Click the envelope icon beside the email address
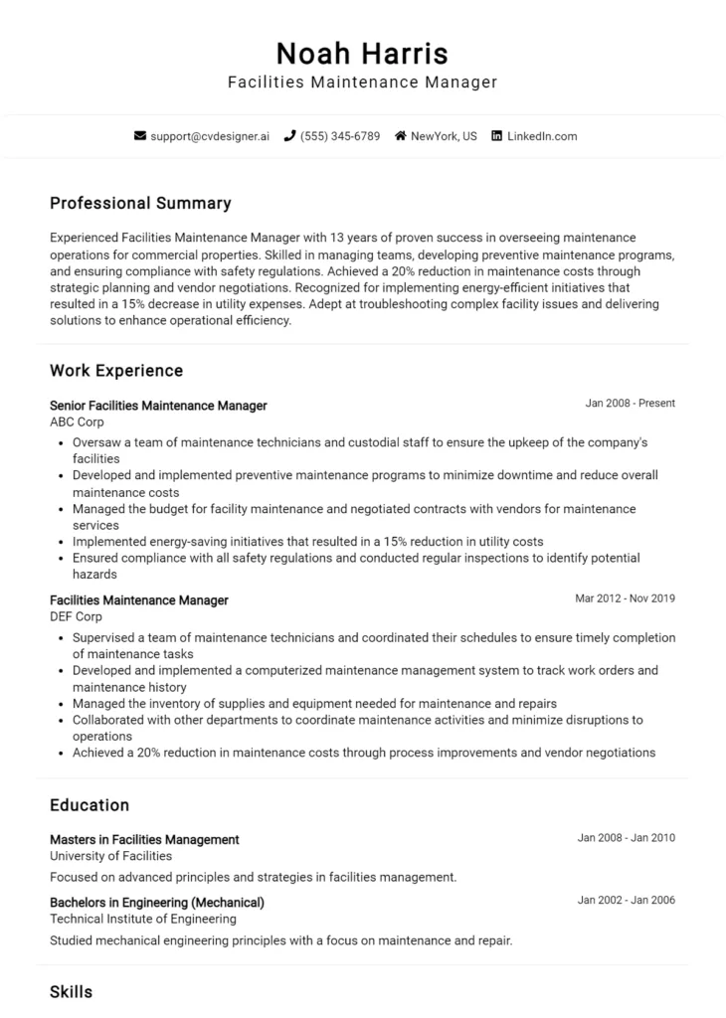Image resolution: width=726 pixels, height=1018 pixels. (x=140, y=136)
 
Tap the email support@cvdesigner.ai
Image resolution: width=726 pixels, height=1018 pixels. (x=209, y=136)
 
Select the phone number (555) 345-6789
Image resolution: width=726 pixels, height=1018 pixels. (x=340, y=136)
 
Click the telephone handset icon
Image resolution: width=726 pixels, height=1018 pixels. (x=289, y=136)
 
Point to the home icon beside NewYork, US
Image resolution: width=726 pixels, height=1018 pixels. (x=401, y=136)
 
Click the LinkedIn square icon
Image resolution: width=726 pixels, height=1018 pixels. (x=497, y=136)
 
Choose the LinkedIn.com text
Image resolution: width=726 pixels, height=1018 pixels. (x=542, y=136)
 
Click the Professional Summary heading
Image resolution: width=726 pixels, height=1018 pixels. (x=140, y=204)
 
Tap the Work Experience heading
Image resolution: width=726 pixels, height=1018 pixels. (x=116, y=371)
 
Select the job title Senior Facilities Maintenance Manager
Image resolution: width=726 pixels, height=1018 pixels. (x=158, y=406)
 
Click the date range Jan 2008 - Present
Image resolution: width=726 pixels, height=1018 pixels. (x=630, y=404)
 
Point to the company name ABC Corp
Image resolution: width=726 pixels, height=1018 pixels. (x=77, y=422)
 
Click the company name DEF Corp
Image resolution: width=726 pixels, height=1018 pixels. (x=76, y=616)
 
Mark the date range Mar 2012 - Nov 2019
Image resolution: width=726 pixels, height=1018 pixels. (x=625, y=598)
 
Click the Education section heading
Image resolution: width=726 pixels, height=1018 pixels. (x=90, y=805)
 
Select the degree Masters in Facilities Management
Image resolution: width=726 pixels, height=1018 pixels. (x=144, y=840)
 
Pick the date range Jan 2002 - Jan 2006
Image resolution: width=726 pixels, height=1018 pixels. (x=626, y=901)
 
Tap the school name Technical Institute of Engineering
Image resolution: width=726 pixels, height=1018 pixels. (x=143, y=919)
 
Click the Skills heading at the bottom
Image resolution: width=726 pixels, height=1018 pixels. (x=71, y=992)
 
